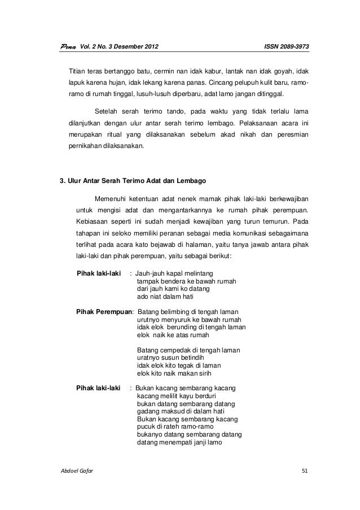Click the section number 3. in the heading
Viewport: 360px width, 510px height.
coord(63,182)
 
